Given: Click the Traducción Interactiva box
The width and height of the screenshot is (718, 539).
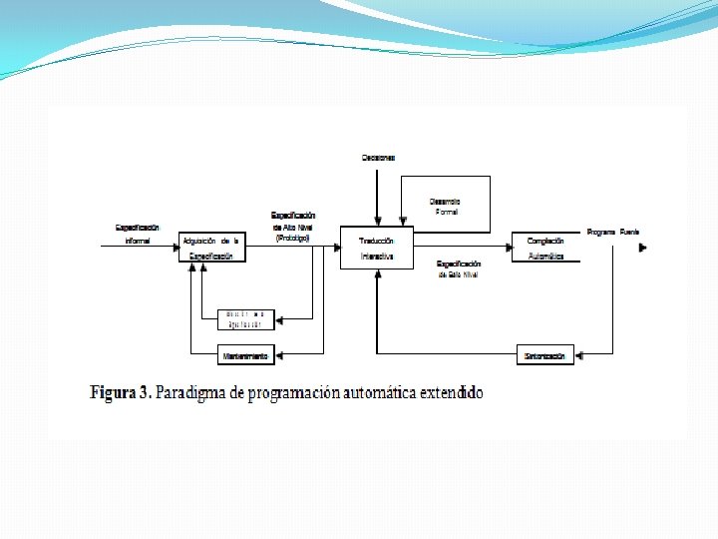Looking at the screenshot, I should click(376, 248).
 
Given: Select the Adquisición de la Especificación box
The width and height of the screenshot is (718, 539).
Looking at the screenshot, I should click(212, 248).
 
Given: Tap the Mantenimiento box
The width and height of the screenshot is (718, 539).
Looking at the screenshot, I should click(245, 354).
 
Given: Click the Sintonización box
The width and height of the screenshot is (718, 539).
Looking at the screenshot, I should click(545, 354).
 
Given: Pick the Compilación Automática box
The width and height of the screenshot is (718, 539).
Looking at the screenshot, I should click(545, 248).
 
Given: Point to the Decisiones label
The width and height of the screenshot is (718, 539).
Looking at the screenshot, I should click(378, 158).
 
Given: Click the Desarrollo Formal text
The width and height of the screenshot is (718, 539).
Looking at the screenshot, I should click(446, 207).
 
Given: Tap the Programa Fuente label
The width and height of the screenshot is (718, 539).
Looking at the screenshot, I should click(613, 232).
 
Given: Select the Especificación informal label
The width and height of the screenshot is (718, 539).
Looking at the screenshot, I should click(138, 234).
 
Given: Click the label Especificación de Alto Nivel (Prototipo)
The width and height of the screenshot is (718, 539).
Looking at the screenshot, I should click(293, 227).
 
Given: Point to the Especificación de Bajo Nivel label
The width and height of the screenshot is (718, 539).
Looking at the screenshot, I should click(459, 269).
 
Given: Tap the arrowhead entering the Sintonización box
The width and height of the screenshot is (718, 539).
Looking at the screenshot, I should click(580, 354).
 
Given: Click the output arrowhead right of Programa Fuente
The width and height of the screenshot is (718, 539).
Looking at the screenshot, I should click(642, 247).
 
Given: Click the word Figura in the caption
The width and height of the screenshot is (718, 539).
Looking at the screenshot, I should click(116, 392).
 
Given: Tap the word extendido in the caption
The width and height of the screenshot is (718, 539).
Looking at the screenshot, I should click(451, 392).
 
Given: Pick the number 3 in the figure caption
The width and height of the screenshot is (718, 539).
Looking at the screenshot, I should click(147, 392).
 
